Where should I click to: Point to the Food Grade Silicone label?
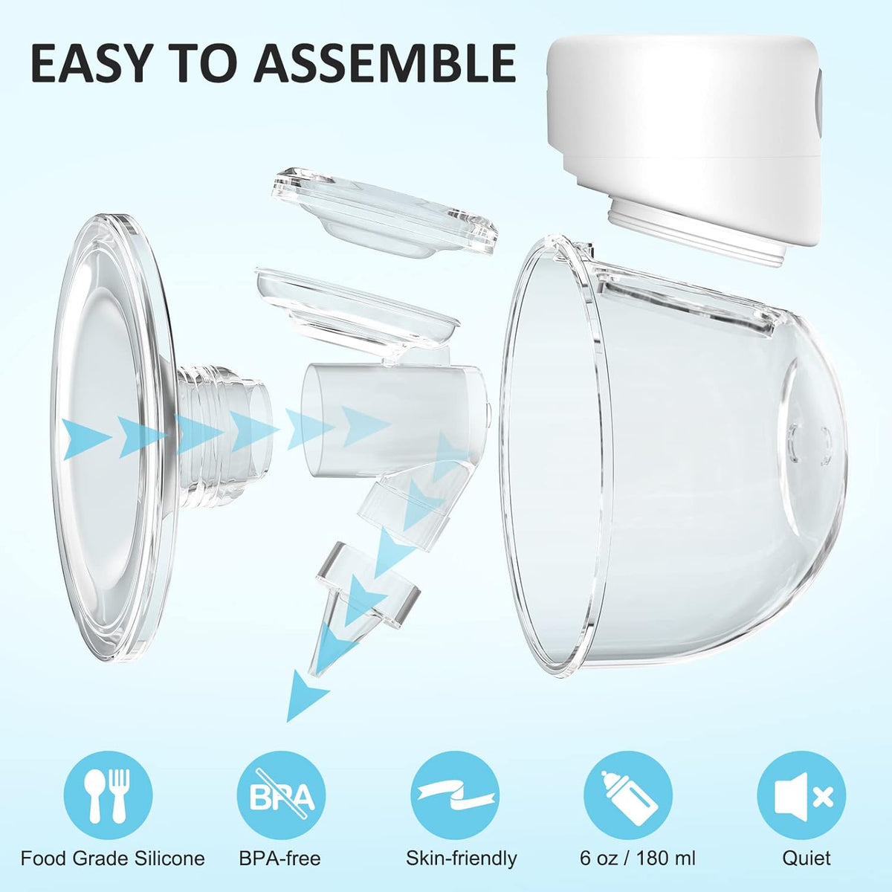pyautogui.click(x=112, y=859)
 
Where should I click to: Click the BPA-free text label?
pyautogui.click(x=279, y=859)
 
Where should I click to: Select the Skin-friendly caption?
pyautogui.click(x=461, y=859)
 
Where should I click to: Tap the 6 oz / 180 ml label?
pyautogui.click(x=637, y=859)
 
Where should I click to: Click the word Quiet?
pyautogui.click(x=806, y=859)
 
